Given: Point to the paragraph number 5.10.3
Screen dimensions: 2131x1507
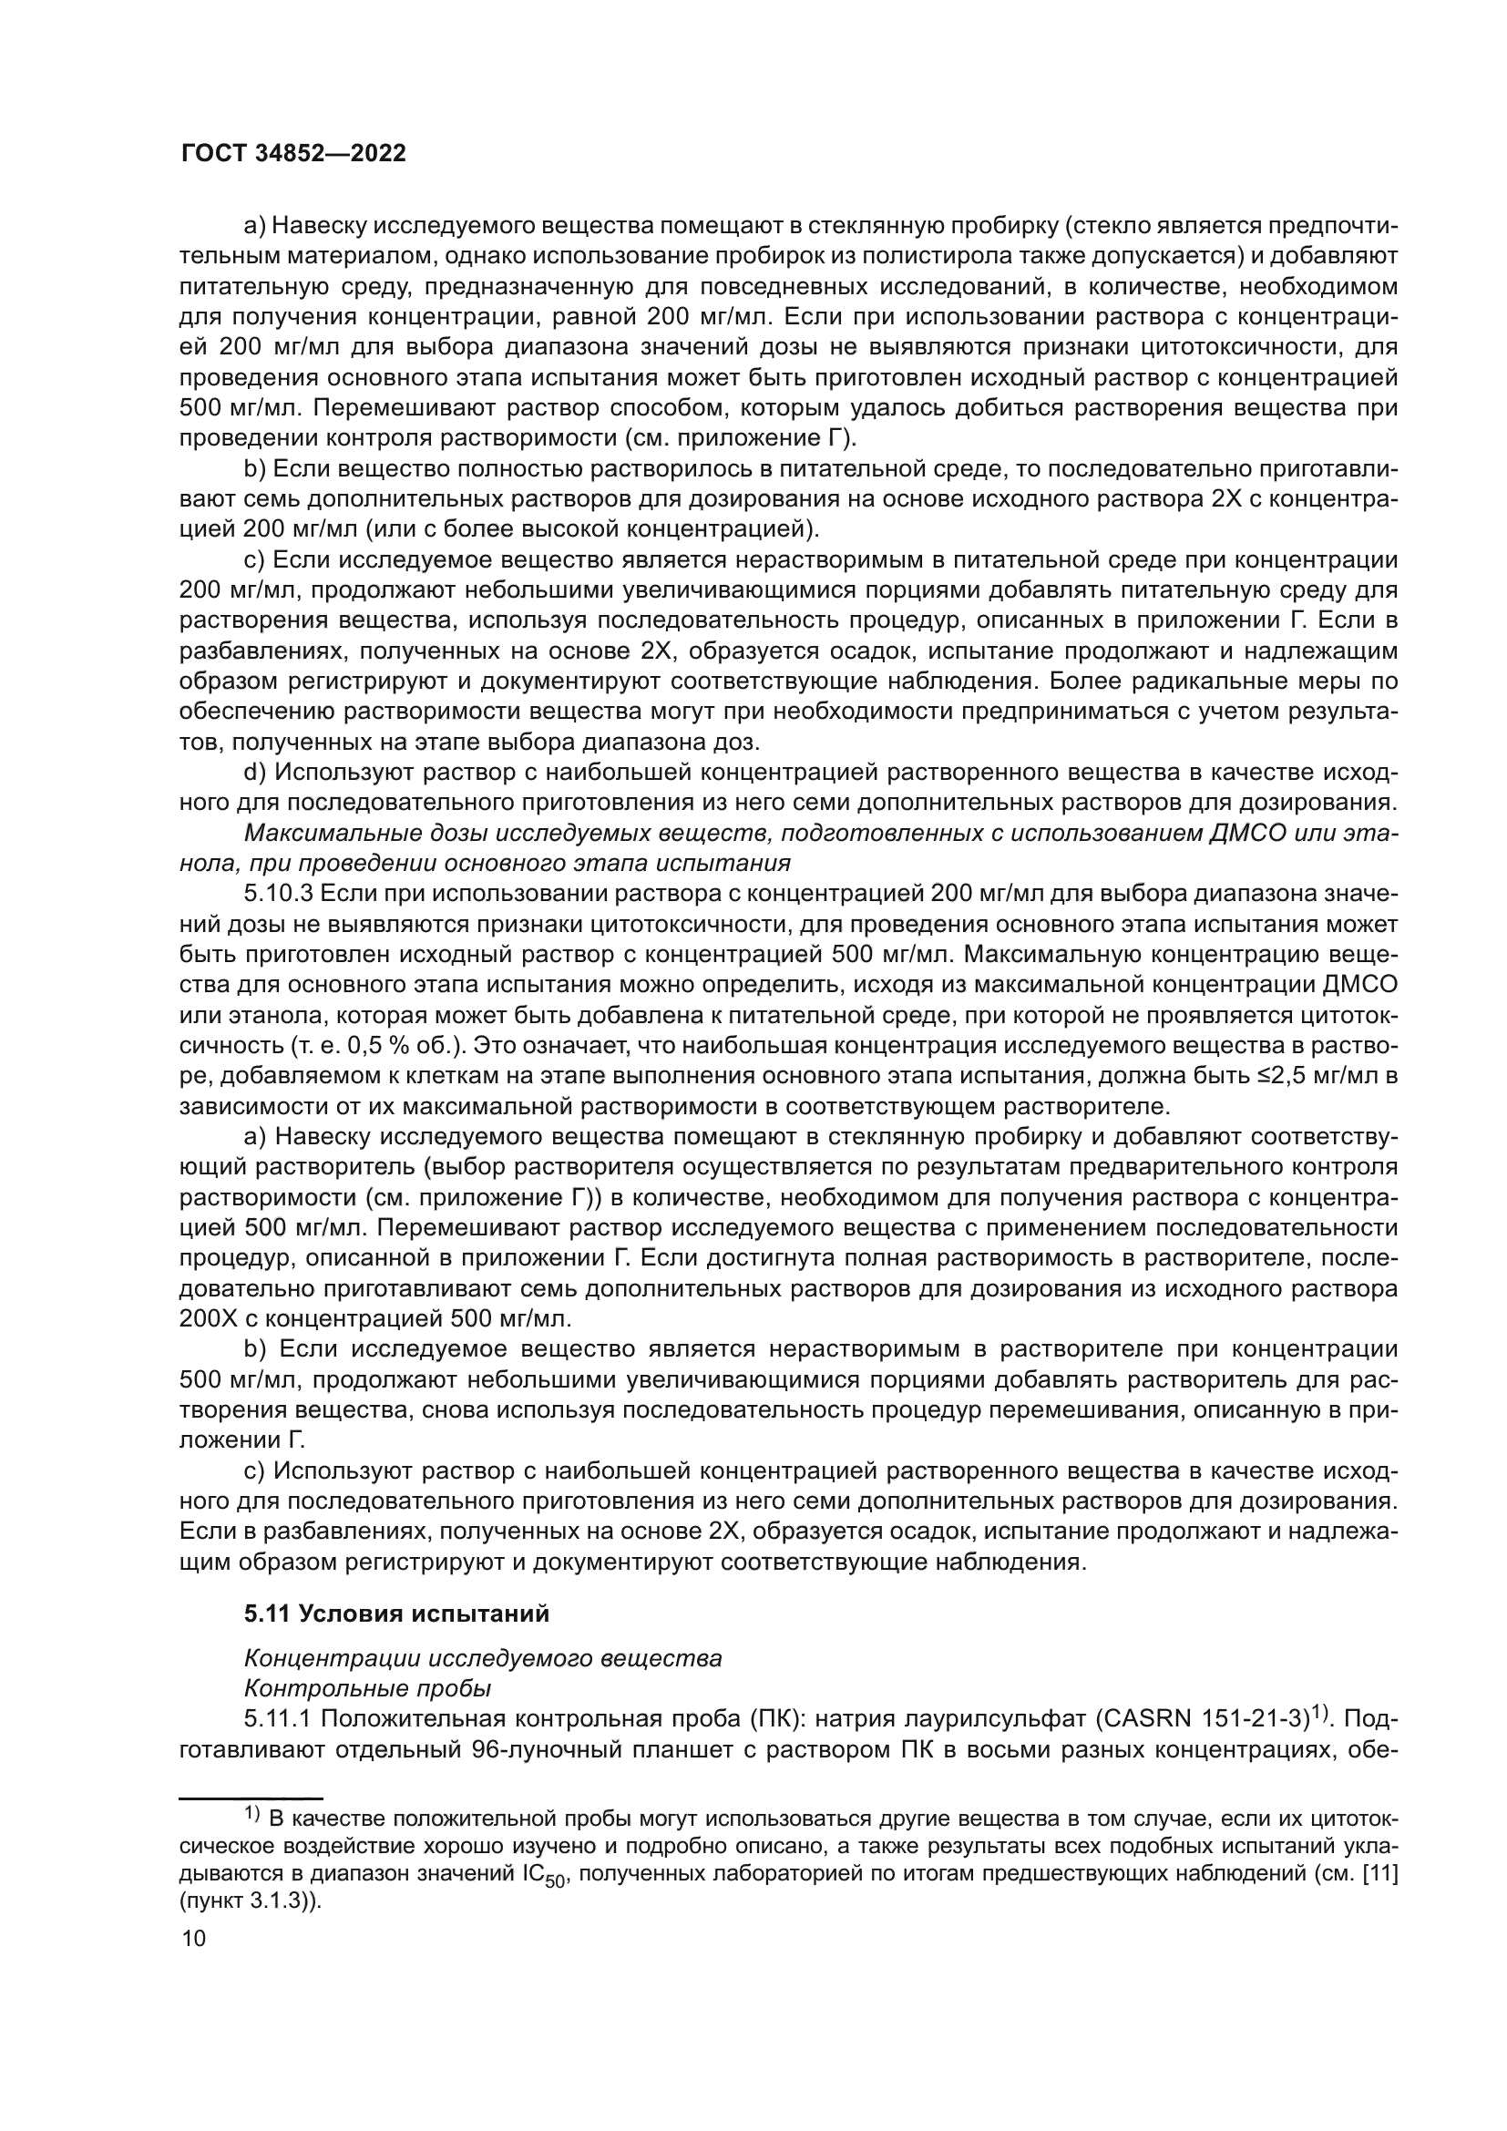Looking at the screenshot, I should [x=279, y=894].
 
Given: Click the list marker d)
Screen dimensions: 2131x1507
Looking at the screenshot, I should [x=255, y=773].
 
